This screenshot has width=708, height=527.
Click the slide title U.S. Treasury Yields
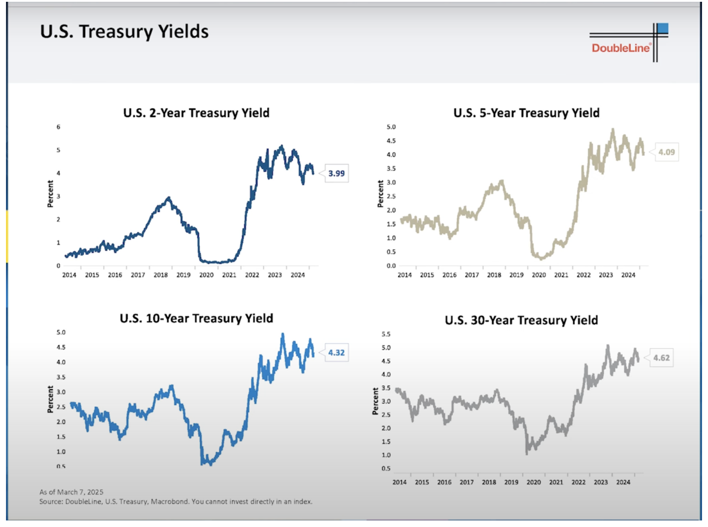tap(124, 32)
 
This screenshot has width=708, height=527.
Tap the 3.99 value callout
tap(337, 174)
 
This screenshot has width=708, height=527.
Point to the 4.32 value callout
tap(336, 352)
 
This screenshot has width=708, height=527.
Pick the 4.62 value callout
tap(662, 358)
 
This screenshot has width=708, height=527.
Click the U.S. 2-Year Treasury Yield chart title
tap(196, 112)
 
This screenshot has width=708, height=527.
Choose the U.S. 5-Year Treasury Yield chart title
tap(526, 112)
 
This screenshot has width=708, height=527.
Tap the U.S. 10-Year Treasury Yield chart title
tap(197, 318)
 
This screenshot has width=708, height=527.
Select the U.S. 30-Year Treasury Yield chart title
tap(521, 320)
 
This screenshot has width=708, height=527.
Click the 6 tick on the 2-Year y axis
tap(58, 127)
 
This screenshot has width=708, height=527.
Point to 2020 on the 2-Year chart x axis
tap(206, 275)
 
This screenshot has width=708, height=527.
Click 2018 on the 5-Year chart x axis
tap(494, 275)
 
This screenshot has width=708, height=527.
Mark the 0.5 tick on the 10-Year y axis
tap(61, 466)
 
